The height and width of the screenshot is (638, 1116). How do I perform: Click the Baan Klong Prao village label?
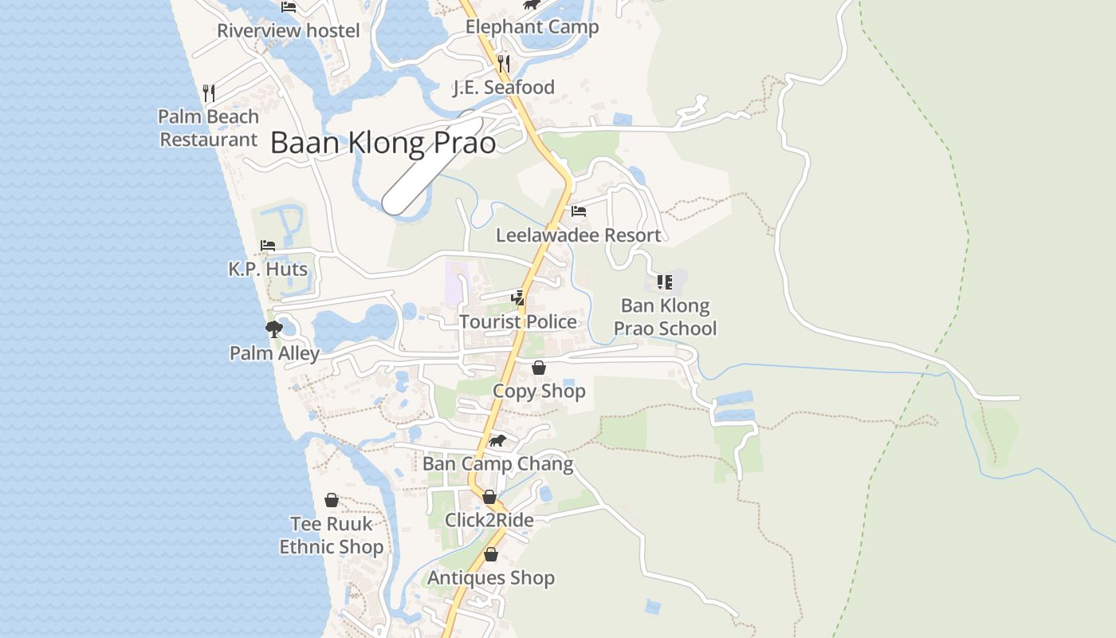[x=383, y=143]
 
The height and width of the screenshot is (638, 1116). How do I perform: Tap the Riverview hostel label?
[x=289, y=31]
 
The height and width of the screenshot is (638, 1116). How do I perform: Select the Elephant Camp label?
[x=532, y=27]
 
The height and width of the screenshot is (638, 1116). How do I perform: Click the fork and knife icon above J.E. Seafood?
[x=504, y=62]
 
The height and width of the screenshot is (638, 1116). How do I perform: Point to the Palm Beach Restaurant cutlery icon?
[x=209, y=93]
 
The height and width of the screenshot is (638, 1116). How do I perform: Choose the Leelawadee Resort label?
[x=578, y=235]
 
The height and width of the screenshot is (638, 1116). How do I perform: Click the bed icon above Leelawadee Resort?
[x=579, y=211]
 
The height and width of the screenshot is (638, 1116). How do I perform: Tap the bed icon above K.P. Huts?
[x=268, y=246]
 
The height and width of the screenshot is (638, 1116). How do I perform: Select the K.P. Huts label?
[x=268, y=270]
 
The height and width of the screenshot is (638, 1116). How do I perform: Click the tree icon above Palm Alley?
[x=274, y=329]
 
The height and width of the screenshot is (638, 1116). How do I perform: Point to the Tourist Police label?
[x=518, y=321]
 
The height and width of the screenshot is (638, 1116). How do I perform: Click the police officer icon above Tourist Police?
[x=518, y=298]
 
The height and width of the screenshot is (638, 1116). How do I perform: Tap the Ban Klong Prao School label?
[x=665, y=317]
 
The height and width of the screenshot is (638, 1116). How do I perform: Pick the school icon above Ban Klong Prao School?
[x=665, y=282]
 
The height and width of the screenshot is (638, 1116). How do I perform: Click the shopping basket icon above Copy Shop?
[x=539, y=368]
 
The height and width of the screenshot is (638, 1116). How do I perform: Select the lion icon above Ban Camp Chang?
[x=497, y=440]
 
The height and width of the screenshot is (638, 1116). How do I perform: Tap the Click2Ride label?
[x=489, y=520]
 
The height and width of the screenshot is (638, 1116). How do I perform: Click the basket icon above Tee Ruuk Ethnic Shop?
[x=332, y=500]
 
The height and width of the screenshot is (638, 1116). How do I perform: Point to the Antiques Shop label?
[x=491, y=578]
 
